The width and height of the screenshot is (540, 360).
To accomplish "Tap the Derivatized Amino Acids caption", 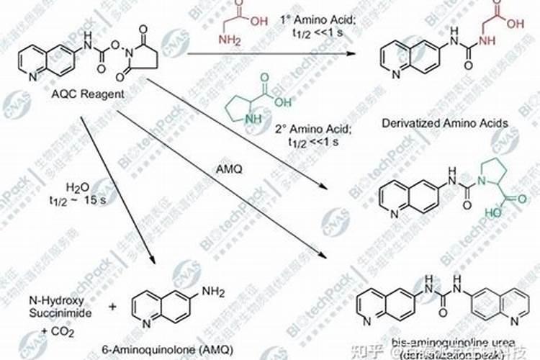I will (x=446, y=123).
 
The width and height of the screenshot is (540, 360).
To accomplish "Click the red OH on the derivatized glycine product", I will (x=516, y=24).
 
